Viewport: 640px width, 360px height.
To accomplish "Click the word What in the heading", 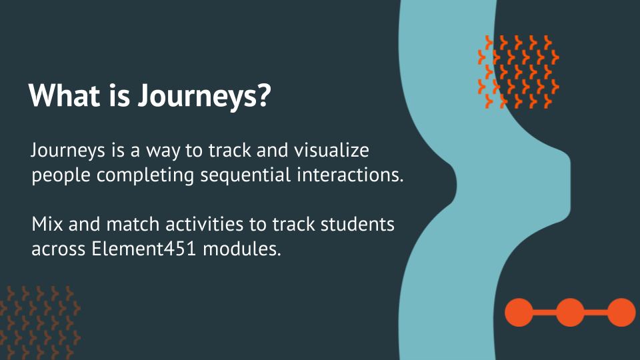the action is click(x=65, y=95).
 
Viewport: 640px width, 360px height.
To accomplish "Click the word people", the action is click(x=61, y=176).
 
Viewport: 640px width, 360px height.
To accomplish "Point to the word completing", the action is click(x=145, y=176).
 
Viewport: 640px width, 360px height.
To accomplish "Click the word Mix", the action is click(x=47, y=224).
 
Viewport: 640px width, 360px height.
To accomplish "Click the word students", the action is click(x=357, y=224).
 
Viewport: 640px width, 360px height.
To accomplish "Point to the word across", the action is click(x=59, y=249).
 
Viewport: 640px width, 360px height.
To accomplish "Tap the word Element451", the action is click(x=144, y=249).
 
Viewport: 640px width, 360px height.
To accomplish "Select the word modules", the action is click(x=242, y=249).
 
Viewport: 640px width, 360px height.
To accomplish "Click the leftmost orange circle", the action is click(x=519, y=312).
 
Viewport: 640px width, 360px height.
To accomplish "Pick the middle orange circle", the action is click(x=570, y=312).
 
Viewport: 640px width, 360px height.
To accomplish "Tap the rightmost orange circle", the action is click(x=621, y=312).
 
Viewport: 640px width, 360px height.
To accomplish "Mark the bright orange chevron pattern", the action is click(x=519, y=72).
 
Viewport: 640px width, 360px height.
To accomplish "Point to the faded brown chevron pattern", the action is click(x=40, y=323).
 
